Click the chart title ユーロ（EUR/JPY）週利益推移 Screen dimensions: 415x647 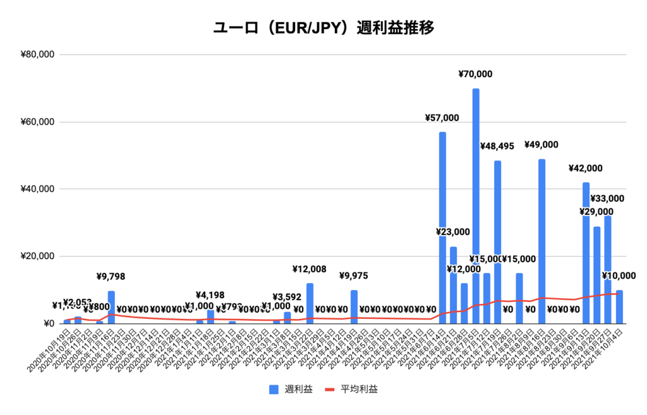click(323, 28)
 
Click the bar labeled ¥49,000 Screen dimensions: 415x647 click(541, 240)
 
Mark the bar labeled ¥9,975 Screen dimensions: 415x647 click(354, 307)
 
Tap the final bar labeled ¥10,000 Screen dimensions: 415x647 click(619, 307)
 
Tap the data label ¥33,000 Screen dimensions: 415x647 click(607, 198)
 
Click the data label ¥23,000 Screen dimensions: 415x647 click(452, 232)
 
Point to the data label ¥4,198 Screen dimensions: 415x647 click(210, 294)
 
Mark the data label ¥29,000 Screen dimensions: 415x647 click(596, 212)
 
